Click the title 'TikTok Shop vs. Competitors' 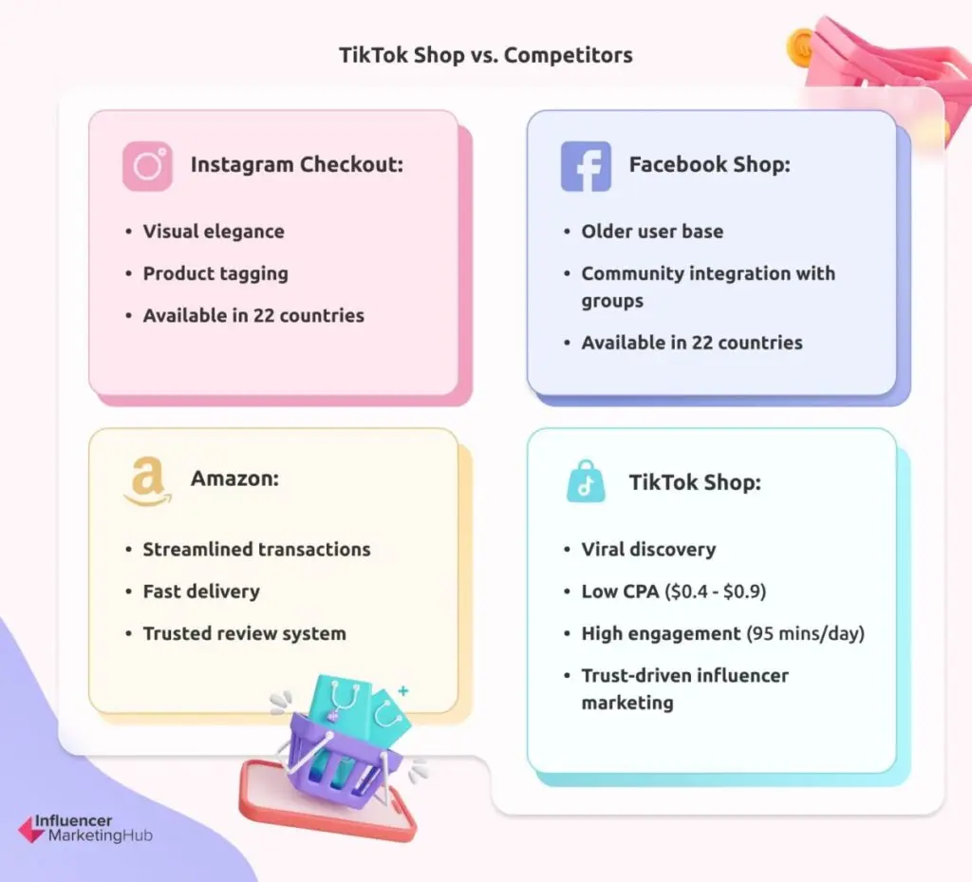click(486, 55)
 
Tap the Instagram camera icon click(147, 166)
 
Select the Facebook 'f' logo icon click(586, 166)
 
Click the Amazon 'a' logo click(147, 482)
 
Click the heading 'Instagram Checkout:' click(296, 164)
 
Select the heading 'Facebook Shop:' click(709, 164)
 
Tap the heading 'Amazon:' click(234, 479)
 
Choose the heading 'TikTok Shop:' click(694, 482)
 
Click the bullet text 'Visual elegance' click(213, 231)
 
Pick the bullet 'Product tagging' click(215, 273)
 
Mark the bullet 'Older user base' click(651, 231)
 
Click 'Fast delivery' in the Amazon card click(200, 591)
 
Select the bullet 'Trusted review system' click(244, 633)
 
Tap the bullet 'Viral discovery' click(648, 549)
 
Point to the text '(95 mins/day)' click(804, 633)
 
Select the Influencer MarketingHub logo click(85, 828)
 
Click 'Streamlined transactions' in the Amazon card click(256, 549)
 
